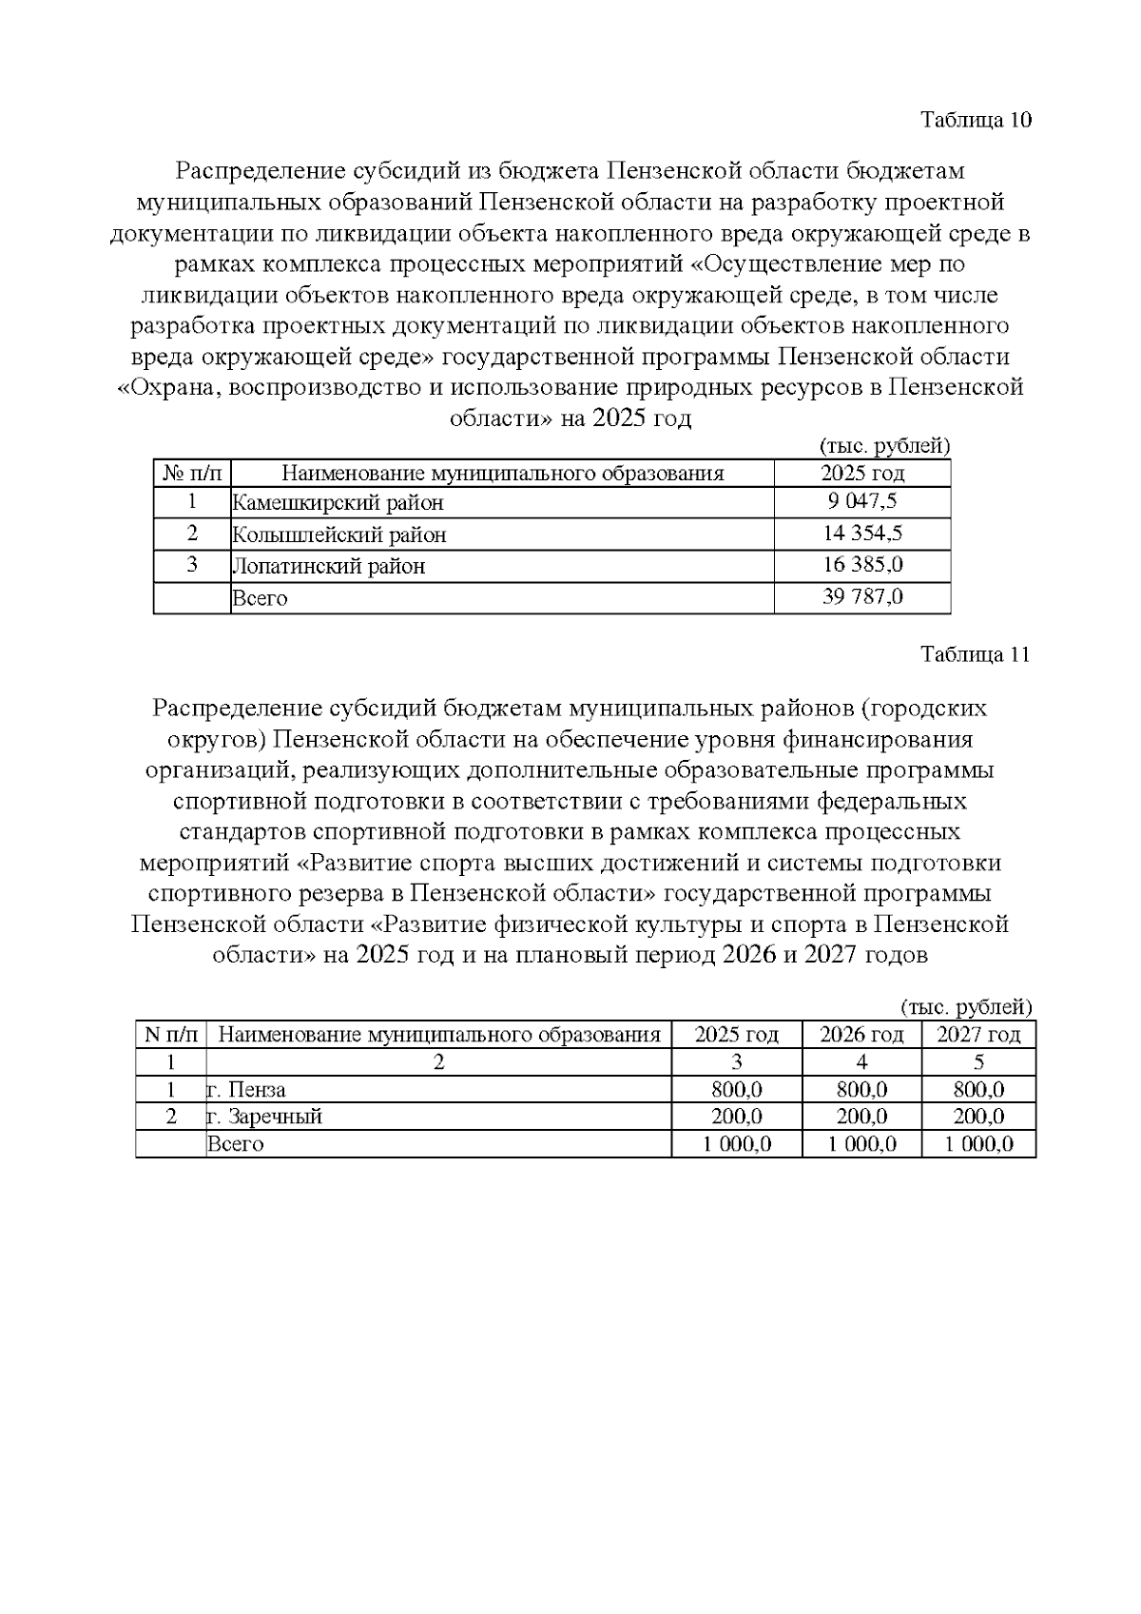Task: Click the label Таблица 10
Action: pos(976,120)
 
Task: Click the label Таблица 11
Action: pos(976,654)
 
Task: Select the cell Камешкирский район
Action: pos(338,502)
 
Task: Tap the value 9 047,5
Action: pos(861,501)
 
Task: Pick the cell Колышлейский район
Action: pos(339,535)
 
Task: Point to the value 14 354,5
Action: pos(861,534)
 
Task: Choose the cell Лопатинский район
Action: pos(329,566)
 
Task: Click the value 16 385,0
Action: pos(861,565)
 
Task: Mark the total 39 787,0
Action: pos(861,597)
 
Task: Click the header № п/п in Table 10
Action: pos(192,473)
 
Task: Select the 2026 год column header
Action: pos(861,1035)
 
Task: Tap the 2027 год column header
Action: pos(978,1035)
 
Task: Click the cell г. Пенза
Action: pos(247,1090)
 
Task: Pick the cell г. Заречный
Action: pos(265,1117)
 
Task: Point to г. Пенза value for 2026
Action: pos(861,1090)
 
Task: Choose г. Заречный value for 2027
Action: pos(978,1117)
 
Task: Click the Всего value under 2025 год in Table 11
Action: pos(737,1144)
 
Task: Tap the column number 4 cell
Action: pos(861,1062)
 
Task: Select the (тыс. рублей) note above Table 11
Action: pos(965,1007)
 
